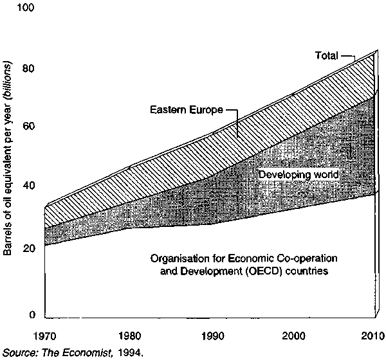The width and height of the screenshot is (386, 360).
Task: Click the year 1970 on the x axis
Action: [x=46, y=336]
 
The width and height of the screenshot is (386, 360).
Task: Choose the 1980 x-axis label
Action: [x=129, y=336]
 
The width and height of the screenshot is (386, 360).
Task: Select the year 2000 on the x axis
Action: [x=293, y=336]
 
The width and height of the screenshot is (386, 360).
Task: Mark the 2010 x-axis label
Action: [x=374, y=336]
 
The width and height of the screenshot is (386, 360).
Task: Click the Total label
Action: [x=326, y=56]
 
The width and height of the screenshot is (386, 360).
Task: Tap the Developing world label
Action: [x=298, y=175]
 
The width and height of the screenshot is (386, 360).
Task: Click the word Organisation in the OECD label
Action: [x=177, y=259]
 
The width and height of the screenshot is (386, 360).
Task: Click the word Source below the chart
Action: [x=18, y=352]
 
